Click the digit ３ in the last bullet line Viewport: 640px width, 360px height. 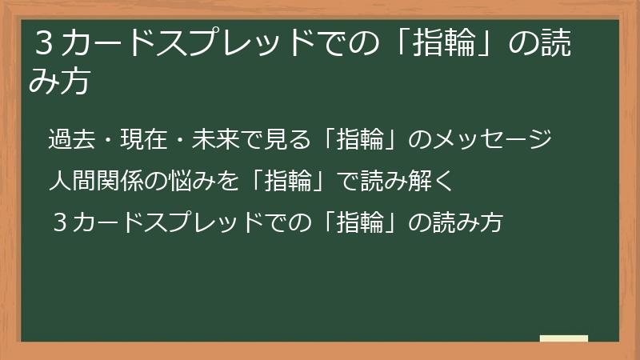click(x=58, y=222)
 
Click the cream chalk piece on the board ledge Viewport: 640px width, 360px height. click(x=563, y=338)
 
